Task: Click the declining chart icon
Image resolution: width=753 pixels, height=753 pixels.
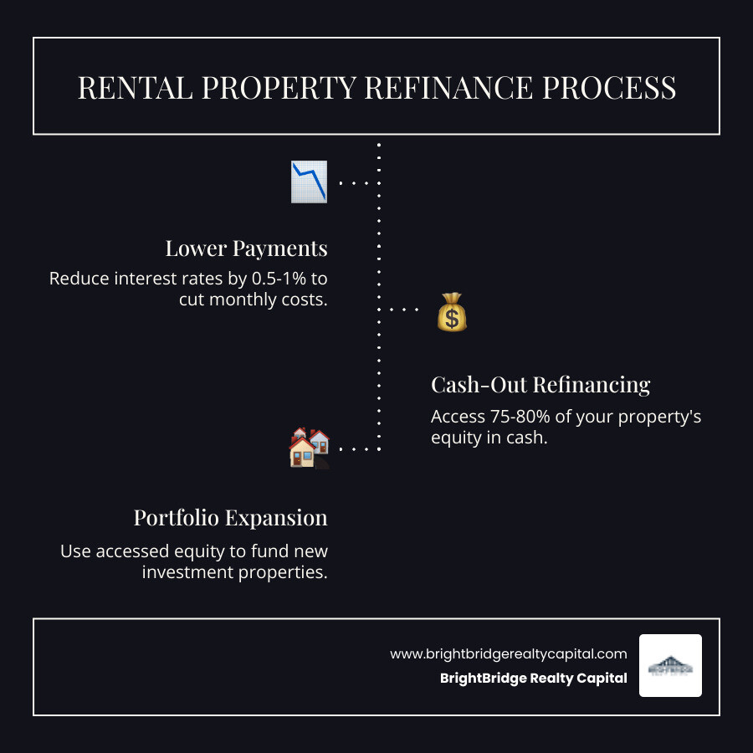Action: (x=309, y=182)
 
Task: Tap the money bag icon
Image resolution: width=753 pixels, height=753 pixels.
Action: (x=452, y=311)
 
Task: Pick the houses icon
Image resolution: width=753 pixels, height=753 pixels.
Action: (x=309, y=448)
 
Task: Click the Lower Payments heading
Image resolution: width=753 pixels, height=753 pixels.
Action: (x=246, y=248)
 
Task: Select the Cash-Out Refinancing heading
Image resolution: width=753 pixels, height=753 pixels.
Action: (x=540, y=384)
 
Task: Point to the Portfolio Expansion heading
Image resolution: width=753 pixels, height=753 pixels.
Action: (x=230, y=518)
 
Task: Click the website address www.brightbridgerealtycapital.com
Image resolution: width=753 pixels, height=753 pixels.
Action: (x=508, y=654)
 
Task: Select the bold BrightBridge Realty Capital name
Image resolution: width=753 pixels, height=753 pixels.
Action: (x=533, y=679)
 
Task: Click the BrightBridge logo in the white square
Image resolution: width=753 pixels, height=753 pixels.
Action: (x=670, y=666)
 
